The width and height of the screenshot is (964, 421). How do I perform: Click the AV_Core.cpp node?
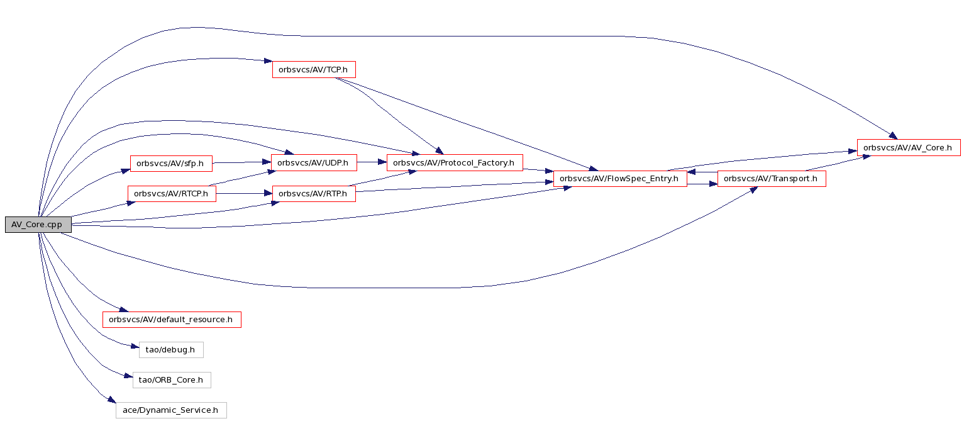(x=38, y=225)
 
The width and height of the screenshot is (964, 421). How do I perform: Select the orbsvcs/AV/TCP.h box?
(x=314, y=70)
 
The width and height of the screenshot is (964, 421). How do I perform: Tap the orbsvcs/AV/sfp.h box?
(x=171, y=164)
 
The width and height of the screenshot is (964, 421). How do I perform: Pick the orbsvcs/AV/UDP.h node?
(x=314, y=163)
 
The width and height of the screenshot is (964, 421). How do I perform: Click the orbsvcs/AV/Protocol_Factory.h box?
(x=455, y=163)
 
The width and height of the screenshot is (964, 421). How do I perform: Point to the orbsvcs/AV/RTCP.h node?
(x=172, y=194)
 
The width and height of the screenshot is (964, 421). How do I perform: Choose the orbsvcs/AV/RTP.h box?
(x=314, y=194)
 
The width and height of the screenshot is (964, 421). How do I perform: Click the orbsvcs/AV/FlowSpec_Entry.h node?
(x=620, y=179)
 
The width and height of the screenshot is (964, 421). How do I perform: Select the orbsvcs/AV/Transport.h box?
(x=772, y=179)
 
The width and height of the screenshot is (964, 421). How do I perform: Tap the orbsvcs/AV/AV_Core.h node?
(x=909, y=148)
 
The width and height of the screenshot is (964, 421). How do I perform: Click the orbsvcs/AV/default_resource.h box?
(x=172, y=320)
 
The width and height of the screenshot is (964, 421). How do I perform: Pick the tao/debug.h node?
(x=171, y=350)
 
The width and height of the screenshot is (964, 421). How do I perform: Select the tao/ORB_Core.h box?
(x=172, y=380)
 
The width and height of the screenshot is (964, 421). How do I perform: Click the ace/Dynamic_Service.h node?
(x=171, y=410)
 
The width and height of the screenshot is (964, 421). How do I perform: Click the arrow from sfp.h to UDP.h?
(x=241, y=162)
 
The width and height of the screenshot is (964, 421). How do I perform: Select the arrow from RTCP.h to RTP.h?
(x=244, y=194)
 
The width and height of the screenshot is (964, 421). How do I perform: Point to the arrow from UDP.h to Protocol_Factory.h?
(x=372, y=162)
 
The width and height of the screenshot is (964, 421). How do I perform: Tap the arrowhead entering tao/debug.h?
(x=135, y=346)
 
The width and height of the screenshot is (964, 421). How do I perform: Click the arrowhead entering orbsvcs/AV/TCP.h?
(x=268, y=62)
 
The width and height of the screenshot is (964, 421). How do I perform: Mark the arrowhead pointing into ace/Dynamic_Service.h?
(x=112, y=400)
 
